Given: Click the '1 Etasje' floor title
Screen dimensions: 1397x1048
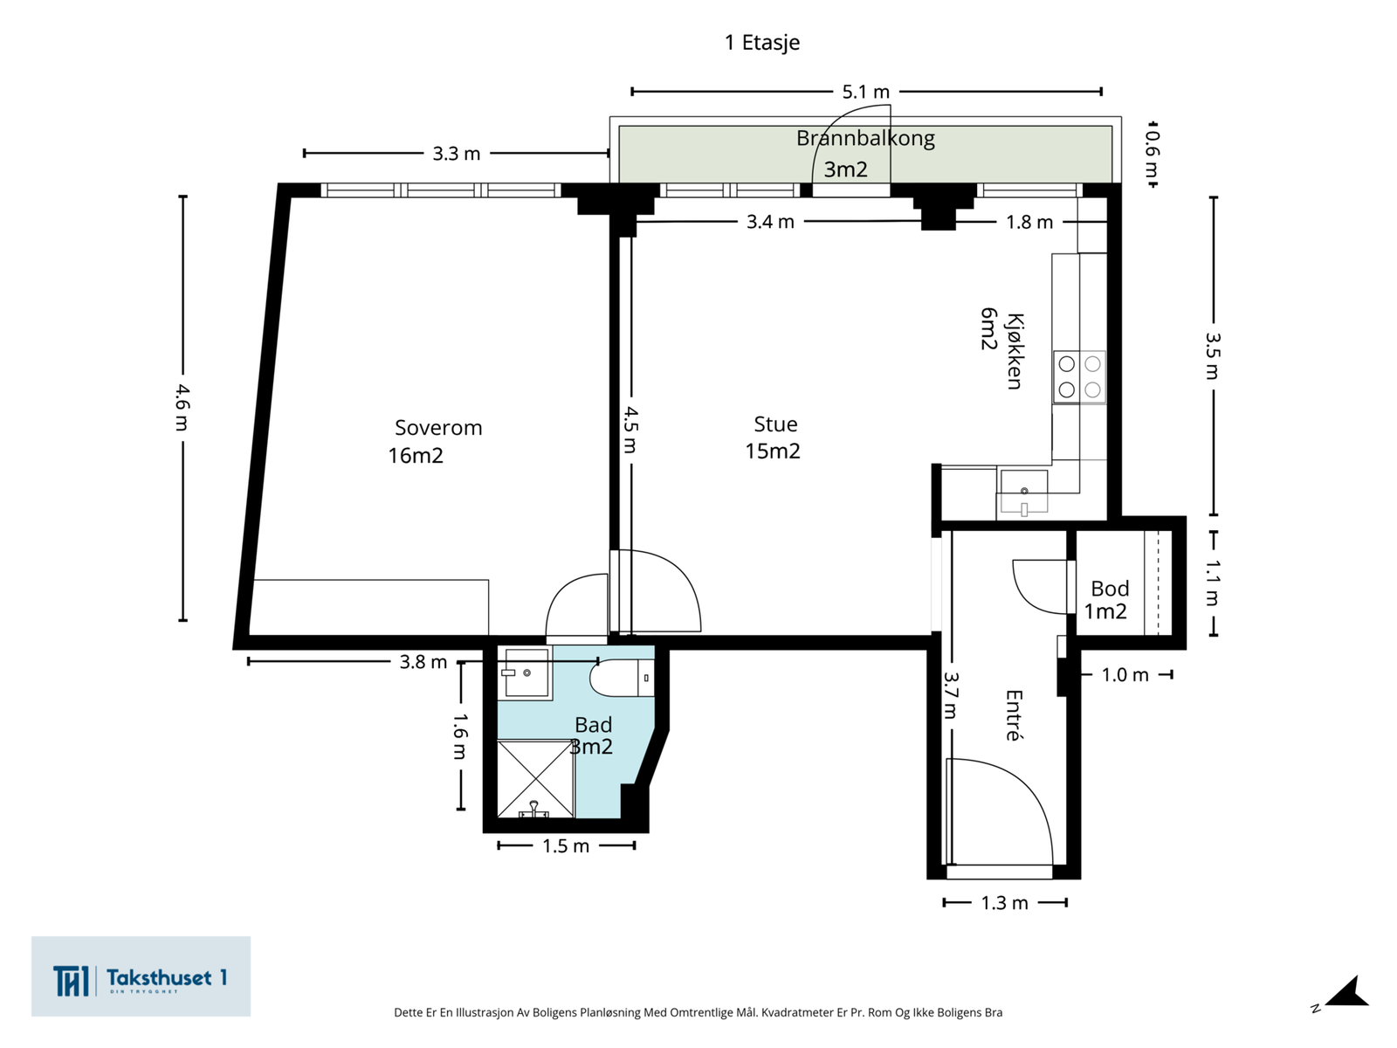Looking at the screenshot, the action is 762,43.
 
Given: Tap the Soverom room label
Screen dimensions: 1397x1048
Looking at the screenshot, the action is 438,428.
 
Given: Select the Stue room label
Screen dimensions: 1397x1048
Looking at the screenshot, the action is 775,424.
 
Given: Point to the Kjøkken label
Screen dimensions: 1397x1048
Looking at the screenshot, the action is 1014,351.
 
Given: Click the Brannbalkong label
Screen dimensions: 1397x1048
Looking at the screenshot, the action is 865,139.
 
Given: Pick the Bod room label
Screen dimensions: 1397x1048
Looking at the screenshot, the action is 1110,588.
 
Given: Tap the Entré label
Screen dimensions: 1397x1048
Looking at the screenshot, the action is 1014,715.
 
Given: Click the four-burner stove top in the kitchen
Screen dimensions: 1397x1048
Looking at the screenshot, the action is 1079,376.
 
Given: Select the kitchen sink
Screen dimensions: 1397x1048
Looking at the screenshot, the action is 1023,491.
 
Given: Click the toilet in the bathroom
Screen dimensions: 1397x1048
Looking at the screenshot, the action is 622,679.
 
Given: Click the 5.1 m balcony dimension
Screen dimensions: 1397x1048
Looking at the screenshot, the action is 865,92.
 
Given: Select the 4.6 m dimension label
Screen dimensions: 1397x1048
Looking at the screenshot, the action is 182,408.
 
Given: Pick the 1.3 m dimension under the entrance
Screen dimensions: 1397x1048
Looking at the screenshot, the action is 1004,903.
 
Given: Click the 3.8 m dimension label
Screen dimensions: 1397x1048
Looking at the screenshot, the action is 423,662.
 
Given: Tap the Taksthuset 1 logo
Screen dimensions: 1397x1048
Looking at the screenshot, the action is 141,976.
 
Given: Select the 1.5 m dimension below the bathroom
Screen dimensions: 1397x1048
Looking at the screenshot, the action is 566,845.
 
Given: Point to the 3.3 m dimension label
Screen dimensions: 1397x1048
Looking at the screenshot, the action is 457,154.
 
